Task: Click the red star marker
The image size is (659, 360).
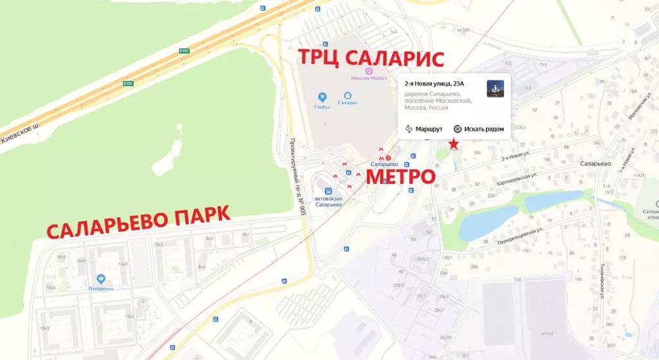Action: click(x=454, y=144)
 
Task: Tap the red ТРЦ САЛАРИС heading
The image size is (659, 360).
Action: click(x=371, y=59)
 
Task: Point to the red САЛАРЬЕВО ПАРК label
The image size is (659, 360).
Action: click(x=138, y=222)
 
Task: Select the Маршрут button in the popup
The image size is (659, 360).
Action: click(x=423, y=129)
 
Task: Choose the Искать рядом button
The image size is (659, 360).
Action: click(x=479, y=129)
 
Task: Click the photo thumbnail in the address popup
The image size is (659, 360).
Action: click(x=495, y=89)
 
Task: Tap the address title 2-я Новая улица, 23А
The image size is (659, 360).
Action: click(x=434, y=84)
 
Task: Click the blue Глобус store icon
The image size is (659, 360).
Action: click(x=322, y=97)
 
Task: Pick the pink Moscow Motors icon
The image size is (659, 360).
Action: click(x=369, y=70)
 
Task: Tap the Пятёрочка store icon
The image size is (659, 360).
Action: click(x=101, y=279)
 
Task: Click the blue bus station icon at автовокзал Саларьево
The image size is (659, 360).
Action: click(x=328, y=191)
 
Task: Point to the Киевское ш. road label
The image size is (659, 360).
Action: click(x=21, y=133)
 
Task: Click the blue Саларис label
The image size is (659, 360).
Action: click(x=348, y=102)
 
